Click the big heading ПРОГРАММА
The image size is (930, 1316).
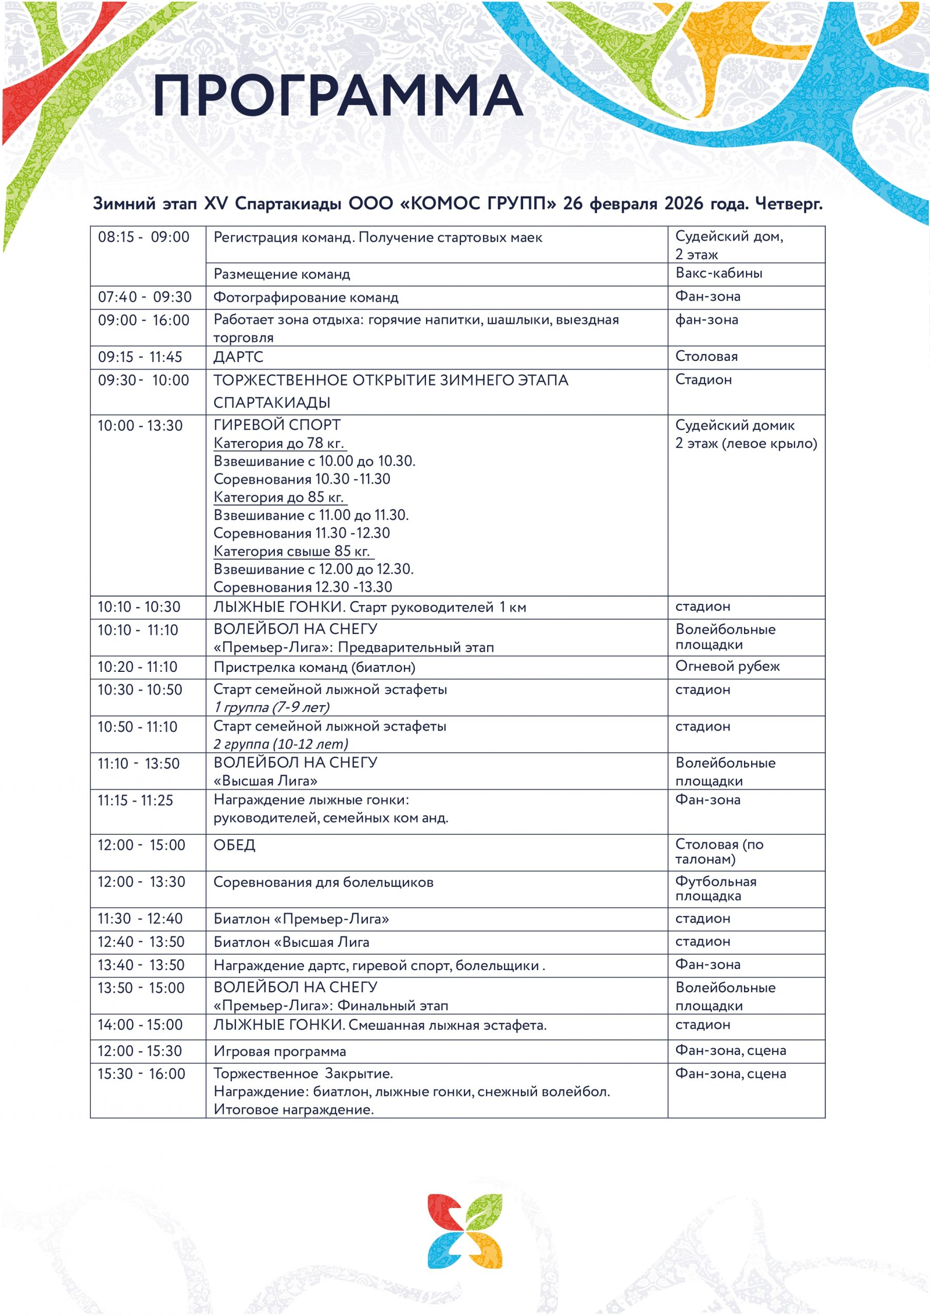click(x=338, y=95)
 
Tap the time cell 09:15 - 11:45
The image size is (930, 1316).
click(x=140, y=357)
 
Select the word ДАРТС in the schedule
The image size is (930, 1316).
click(x=238, y=357)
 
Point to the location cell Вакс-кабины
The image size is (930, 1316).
click(x=718, y=273)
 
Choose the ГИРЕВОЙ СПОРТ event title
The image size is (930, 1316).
click(x=277, y=425)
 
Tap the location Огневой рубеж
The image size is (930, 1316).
click(x=727, y=666)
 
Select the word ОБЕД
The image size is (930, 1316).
click(x=234, y=845)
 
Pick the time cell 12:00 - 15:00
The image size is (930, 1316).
click(x=141, y=845)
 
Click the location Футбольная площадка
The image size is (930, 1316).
click(x=715, y=888)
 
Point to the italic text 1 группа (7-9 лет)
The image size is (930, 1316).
click(x=272, y=707)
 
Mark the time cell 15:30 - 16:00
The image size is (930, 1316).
click(x=141, y=1073)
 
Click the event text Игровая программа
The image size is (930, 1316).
click(x=280, y=1051)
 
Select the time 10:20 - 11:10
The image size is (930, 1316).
click(x=138, y=667)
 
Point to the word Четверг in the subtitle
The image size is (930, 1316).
click(x=789, y=204)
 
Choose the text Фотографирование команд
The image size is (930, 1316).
click(x=306, y=298)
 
